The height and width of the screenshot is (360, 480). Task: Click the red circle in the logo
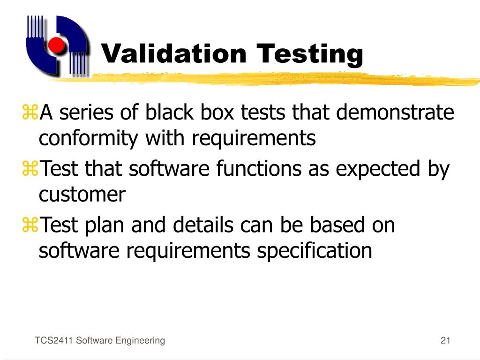click(56, 45)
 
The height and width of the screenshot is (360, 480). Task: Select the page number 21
click(445, 341)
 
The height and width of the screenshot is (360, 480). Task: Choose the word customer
click(82, 195)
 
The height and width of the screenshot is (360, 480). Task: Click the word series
click(85, 113)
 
